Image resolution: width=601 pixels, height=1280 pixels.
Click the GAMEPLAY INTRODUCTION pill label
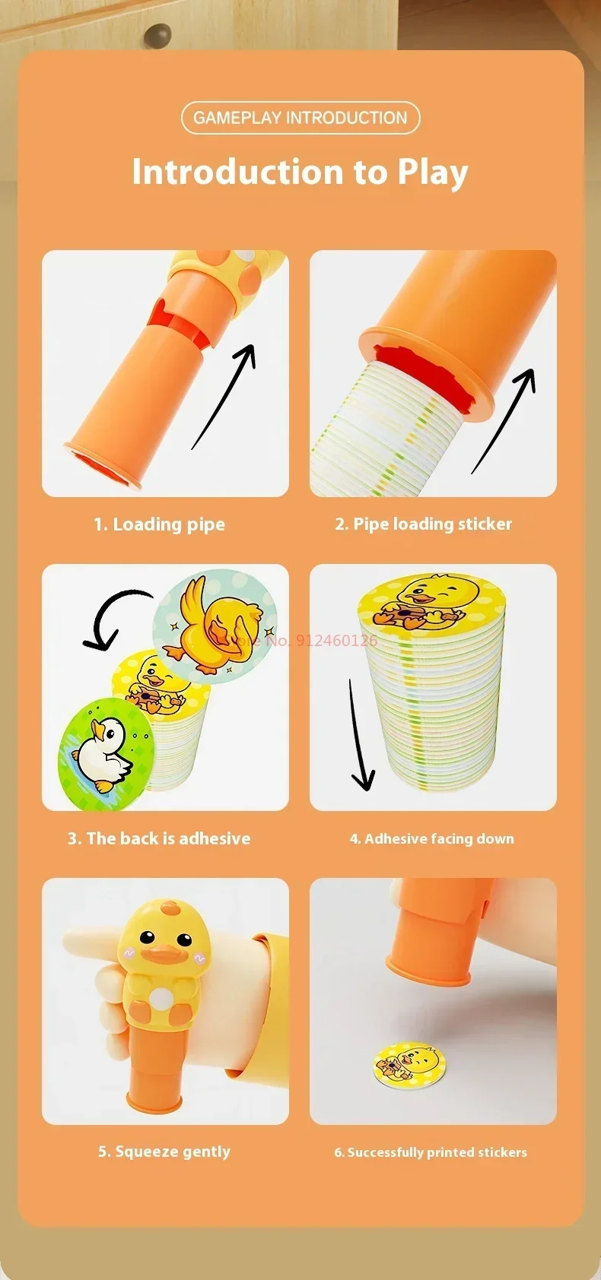[x=300, y=118]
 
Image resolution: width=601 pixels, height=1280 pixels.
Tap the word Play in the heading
[x=432, y=173]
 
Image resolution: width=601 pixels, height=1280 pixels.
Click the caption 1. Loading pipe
[x=159, y=524]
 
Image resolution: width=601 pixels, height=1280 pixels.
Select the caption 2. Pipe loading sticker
[x=423, y=524]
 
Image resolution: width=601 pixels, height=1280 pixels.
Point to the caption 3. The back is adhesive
[x=159, y=838]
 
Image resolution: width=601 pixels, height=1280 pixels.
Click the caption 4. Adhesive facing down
[x=431, y=838]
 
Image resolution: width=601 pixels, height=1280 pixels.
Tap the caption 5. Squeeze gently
[x=164, y=1152]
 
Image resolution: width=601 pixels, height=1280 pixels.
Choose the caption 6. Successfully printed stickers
[x=430, y=1152]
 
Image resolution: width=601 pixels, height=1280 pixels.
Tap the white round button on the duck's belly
[x=161, y=997]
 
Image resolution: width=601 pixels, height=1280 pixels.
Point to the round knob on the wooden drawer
[x=157, y=34]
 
